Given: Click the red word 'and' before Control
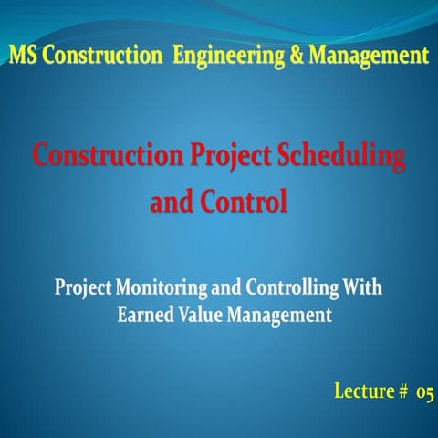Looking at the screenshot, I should coord(170,201).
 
